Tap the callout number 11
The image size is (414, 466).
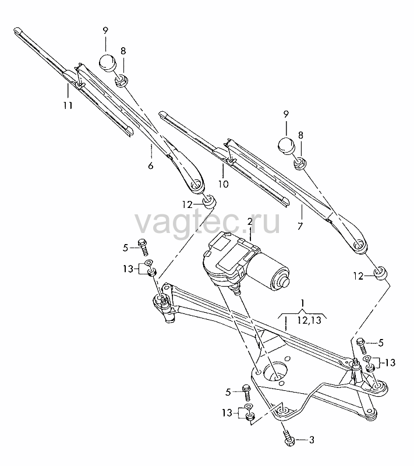click(x=68, y=105)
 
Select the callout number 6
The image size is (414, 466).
click(x=151, y=166)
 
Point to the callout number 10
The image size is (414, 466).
click(x=224, y=184)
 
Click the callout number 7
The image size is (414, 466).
click(x=300, y=226)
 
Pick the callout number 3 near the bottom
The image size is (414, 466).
click(x=312, y=440)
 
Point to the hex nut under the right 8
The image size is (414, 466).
click(x=300, y=164)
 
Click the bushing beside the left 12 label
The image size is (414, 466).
click(x=209, y=202)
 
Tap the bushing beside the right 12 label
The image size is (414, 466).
click(x=380, y=273)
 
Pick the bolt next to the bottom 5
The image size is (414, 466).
click(x=246, y=393)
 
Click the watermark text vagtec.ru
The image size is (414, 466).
click(x=208, y=223)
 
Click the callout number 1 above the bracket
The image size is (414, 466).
click(x=302, y=303)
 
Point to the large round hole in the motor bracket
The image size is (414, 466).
click(x=275, y=371)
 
